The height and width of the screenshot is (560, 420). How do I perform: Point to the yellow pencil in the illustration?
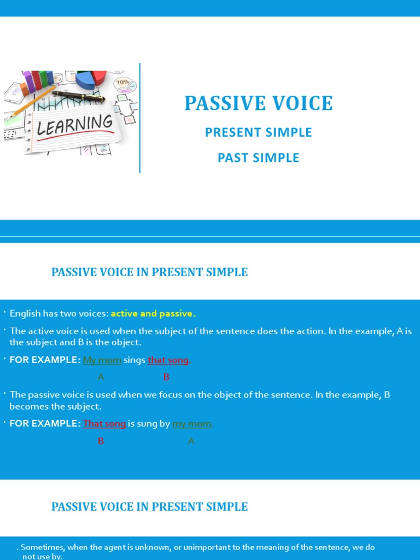(x=33, y=103)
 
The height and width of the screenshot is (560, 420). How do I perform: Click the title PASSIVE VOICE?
(x=258, y=103)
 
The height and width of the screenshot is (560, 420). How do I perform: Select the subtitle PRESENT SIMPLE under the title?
(x=258, y=132)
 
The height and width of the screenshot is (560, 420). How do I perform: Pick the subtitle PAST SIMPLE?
(x=258, y=158)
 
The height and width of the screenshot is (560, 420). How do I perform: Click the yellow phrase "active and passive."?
(x=153, y=313)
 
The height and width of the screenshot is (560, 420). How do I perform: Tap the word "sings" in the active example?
(x=135, y=360)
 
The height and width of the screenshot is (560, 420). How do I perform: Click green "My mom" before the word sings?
(x=102, y=360)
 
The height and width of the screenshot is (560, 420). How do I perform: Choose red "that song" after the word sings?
(x=168, y=360)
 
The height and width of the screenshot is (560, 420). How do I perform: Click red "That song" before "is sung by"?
(x=104, y=424)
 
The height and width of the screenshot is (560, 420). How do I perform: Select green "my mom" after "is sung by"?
(x=192, y=424)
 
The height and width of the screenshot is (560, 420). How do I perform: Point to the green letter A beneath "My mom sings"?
(x=101, y=377)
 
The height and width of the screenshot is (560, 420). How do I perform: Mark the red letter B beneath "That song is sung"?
(x=101, y=441)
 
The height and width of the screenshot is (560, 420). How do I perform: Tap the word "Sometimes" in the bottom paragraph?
(x=42, y=547)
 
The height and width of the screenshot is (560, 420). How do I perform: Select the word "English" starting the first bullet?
(x=25, y=313)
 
